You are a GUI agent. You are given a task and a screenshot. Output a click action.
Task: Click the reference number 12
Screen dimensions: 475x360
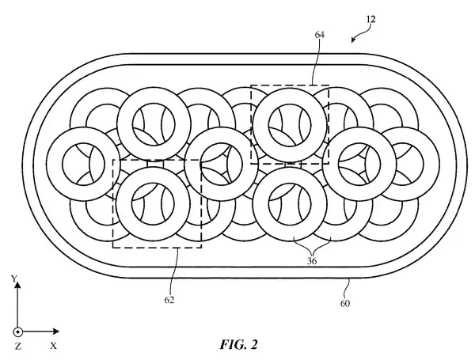pos(370,19)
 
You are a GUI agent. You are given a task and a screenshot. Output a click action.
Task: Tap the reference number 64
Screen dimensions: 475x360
pos(320,35)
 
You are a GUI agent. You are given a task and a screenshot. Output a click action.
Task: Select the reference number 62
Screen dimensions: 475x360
pos(169,300)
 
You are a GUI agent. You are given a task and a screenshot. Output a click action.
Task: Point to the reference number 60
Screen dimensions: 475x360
pos(345,303)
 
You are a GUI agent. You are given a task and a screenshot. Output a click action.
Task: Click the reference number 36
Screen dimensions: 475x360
pos(312,260)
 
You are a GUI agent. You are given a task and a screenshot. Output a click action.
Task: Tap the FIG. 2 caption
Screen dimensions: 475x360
pos(239,344)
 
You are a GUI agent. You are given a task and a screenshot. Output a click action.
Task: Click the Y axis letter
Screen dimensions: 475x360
pos(13,279)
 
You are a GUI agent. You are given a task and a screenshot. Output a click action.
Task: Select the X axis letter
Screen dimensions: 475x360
pos(53,346)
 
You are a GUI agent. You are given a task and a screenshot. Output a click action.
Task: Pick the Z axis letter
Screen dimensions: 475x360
pos(18,346)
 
